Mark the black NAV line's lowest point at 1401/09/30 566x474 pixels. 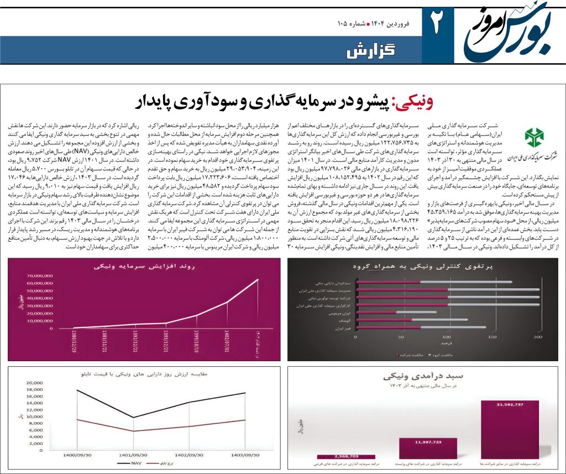[133, 417]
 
